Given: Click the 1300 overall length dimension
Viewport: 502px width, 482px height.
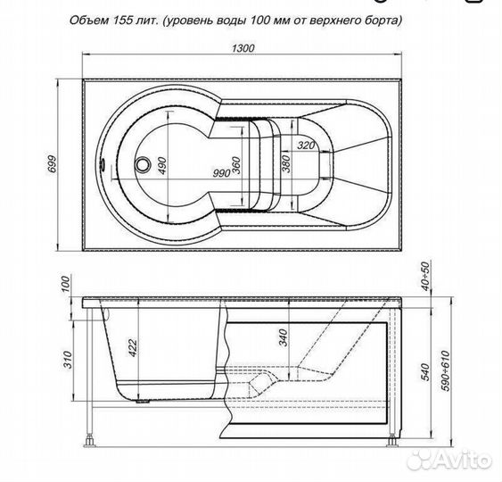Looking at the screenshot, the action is pyautogui.click(x=243, y=48).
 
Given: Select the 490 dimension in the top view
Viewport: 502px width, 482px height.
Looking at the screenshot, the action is pyautogui.click(x=162, y=166).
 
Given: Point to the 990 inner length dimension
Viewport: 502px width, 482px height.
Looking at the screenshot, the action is pyautogui.click(x=222, y=173).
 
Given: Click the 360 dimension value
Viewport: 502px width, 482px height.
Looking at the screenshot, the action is pyautogui.click(x=236, y=165).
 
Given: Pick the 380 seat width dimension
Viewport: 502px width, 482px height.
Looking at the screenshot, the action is pyautogui.click(x=286, y=163).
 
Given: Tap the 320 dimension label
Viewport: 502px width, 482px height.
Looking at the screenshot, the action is pyautogui.click(x=306, y=145).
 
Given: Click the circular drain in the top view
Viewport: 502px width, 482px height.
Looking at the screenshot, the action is pyautogui.click(x=143, y=164).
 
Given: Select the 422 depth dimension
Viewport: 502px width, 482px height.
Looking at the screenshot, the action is pyautogui.click(x=132, y=348).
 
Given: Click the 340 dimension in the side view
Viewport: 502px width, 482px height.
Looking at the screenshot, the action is pyautogui.click(x=284, y=337).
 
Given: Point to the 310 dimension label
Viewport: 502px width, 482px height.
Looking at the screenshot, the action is pyautogui.click(x=68, y=360).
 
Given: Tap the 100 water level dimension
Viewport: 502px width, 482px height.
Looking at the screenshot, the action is pyautogui.click(x=65, y=284).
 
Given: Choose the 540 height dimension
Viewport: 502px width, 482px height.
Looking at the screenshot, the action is pyautogui.click(x=425, y=371).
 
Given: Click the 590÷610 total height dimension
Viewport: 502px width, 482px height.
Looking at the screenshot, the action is pyautogui.click(x=445, y=370).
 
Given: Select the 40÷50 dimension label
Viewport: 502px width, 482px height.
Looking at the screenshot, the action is pyautogui.click(x=424, y=276).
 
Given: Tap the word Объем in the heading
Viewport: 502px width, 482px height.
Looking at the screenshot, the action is pyautogui.click(x=90, y=21).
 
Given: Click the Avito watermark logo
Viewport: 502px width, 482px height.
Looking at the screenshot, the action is pyautogui.click(x=451, y=460).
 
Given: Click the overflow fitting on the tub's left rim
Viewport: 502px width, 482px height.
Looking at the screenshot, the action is pyautogui.click(x=103, y=165).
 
